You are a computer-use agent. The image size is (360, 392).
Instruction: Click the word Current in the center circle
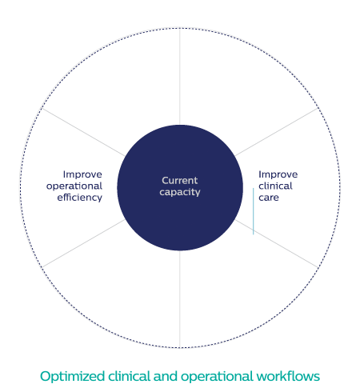pyautogui.click(x=180, y=181)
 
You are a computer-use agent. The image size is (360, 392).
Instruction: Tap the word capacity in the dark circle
pyautogui.click(x=180, y=192)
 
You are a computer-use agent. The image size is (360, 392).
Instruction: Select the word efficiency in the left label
pyautogui.click(x=80, y=198)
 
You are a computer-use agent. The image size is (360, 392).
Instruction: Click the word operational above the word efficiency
pyautogui.click(x=74, y=186)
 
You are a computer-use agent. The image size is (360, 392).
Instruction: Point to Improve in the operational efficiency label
pyautogui.click(x=82, y=174)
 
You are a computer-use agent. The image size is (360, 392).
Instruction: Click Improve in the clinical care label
pyautogui.click(x=278, y=174)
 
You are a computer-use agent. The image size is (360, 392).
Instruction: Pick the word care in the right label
pyautogui.click(x=269, y=198)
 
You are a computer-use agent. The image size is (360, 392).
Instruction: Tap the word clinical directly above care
pyautogui.click(x=275, y=186)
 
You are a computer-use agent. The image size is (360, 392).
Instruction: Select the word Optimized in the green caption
pyautogui.click(x=72, y=377)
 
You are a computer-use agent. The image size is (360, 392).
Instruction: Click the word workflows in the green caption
pyautogui.click(x=288, y=376)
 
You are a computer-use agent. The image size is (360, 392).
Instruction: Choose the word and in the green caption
pyautogui.click(x=166, y=376)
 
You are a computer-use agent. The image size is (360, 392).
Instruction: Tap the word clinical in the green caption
pyautogui.click(x=130, y=376)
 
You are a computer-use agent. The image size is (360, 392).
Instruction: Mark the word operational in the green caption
pyautogui.click(x=217, y=377)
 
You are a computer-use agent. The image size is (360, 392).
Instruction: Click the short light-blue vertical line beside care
pyautogui.click(x=254, y=211)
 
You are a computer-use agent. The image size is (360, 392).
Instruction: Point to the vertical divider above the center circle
pyautogui.click(x=180, y=77)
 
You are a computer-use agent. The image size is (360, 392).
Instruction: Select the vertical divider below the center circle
pyautogui.click(x=180, y=299)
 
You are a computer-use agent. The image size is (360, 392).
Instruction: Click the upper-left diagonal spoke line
pyautogui.click(x=83, y=132)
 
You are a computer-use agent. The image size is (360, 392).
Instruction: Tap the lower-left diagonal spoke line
pyautogui.click(x=83, y=243)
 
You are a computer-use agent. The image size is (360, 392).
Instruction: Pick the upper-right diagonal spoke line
pyautogui.click(x=277, y=132)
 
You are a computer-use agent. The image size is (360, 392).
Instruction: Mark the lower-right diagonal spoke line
pyautogui.click(x=277, y=243)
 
